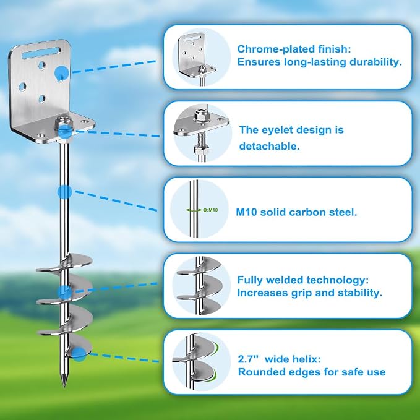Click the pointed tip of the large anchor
click(x=64, y=387)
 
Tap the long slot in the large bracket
click(x=41, y=53)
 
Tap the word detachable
click(x=269, y=146)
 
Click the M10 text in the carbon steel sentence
click(x=246, y=212)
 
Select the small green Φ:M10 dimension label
click(x=210, y=210)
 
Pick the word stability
click(x=360, y=293)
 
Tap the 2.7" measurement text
click(x=249, y=359)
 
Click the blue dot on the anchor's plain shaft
click(x=64, y=192)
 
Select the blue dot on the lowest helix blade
click(x=79, y=354)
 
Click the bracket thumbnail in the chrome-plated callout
click(x=197, y=58)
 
